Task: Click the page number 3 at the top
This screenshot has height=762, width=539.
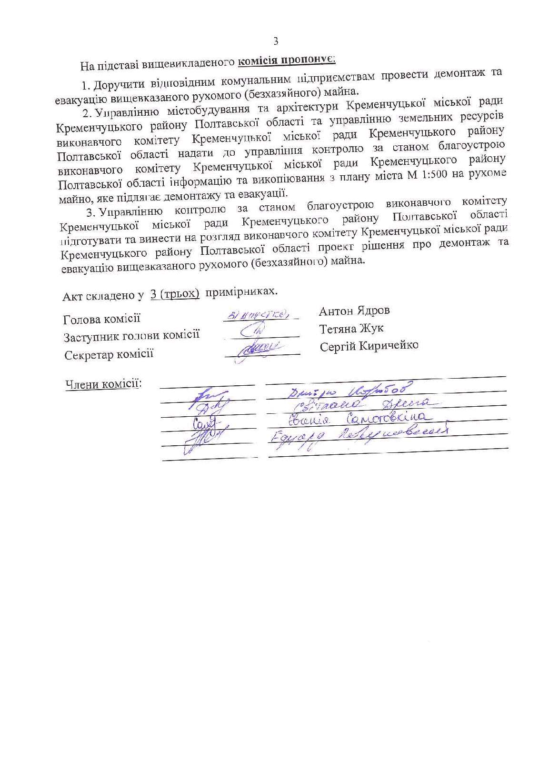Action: click(275, 41)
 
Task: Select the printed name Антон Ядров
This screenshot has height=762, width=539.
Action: click(354, 311)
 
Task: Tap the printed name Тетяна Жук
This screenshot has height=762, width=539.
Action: click(351, 329)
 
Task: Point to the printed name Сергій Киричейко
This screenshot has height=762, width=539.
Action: click(369, 346)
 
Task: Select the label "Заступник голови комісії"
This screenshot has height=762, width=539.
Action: click(131, 336)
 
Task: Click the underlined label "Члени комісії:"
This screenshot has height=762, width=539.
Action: click(103, 384)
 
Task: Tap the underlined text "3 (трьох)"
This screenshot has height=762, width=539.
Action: click(174, 293)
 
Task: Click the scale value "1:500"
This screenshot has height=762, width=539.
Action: click(433, 174)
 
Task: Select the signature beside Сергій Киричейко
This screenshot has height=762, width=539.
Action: click(259, 351)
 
